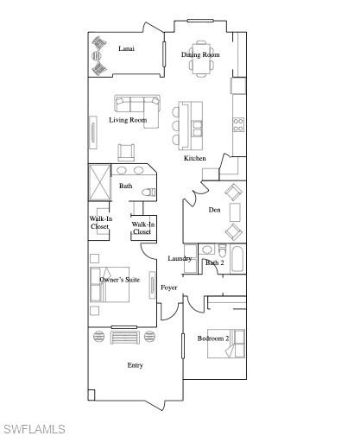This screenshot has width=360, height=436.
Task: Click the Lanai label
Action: (126, 49)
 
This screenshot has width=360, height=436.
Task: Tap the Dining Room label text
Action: (200, 55)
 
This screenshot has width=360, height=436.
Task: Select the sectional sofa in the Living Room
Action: (137, 105)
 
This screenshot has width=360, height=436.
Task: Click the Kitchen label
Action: (195, 159)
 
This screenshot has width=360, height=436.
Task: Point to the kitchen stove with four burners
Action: (237, 124)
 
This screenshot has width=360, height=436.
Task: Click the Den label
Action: (215, 210)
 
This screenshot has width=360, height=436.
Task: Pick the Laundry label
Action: (180, 259)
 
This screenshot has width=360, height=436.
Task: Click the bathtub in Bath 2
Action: (236, 259)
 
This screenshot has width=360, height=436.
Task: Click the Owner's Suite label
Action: (120, 280)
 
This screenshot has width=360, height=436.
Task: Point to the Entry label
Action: (135, 365)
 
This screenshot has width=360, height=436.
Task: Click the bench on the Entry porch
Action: (125, 336)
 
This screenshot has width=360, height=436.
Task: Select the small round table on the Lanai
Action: (98, 58)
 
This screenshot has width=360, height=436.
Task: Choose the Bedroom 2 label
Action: (212, 338)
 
